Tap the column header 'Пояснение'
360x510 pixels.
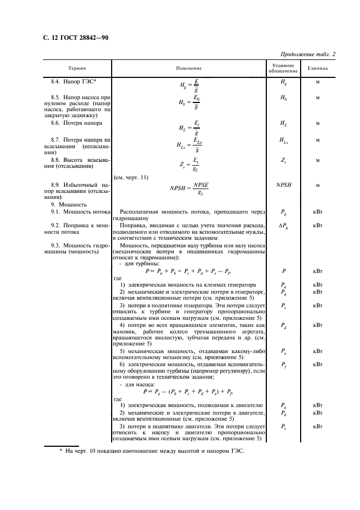pos(188,69)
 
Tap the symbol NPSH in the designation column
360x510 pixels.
pos(283,185)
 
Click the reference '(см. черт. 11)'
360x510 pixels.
pos(130,177)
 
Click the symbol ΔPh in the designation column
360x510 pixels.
pos(283,224)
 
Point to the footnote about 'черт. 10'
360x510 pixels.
pos(152,451)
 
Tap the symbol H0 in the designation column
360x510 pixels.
pos(283,98)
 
